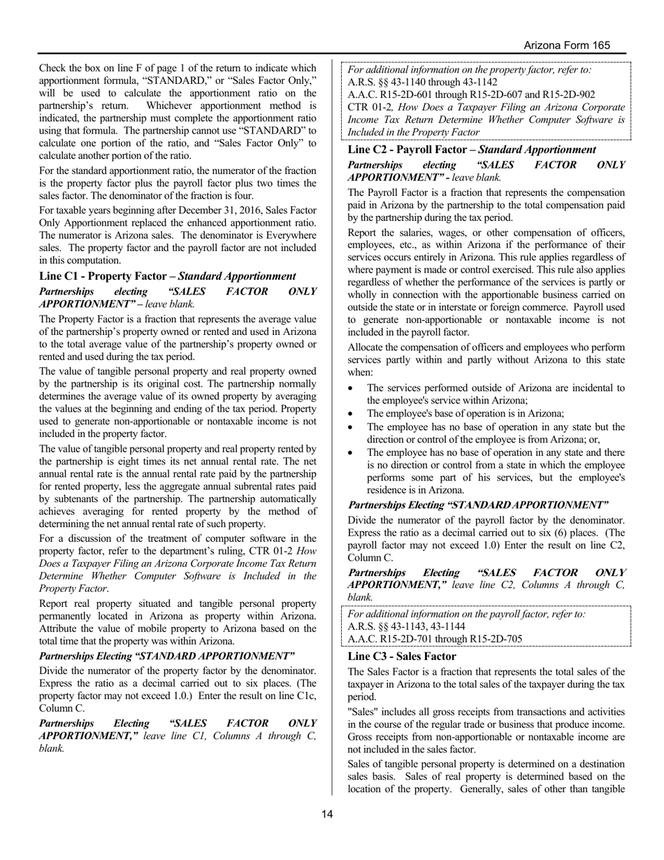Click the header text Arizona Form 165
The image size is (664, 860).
[567, 45]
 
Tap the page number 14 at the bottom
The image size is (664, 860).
[327, 814]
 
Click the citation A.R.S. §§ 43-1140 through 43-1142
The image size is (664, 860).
[422, 82]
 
